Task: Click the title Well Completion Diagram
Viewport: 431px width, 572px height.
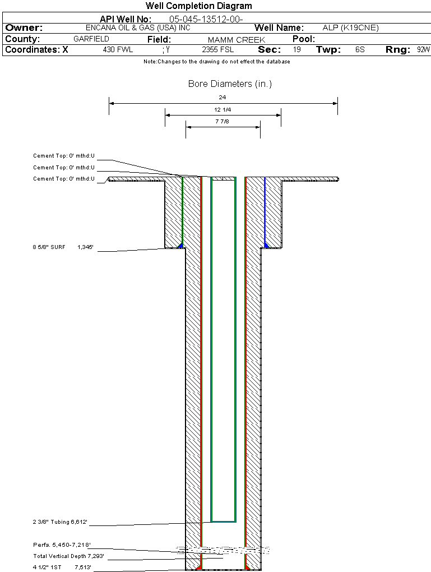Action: (x=198, y=6)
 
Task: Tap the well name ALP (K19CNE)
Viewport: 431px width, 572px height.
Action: (x=351, y=27)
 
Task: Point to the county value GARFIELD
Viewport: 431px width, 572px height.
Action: (x=91, y=39)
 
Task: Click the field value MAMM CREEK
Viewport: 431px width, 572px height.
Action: (x=236, y=40)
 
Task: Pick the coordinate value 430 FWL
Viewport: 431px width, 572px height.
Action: (x=118, y=50)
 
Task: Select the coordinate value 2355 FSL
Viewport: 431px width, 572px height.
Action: (x=218, y=50)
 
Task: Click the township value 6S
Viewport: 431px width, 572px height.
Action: (x=360, y=50)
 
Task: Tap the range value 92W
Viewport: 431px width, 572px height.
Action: (x=423, y=50)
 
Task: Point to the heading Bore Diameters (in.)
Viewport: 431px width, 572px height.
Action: (x=230, y=84)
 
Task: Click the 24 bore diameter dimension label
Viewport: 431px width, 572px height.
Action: (x=223, y=97)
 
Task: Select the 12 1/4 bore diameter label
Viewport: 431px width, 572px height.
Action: (x=223, y=109)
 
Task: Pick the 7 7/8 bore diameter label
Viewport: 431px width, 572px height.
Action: (x=223, y=121)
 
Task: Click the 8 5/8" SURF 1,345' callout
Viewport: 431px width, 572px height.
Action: (x=66, y=246)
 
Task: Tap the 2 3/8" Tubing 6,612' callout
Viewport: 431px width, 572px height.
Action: (x=60, y=523)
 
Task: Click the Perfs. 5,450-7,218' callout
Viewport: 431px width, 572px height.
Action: (x=61, y=545)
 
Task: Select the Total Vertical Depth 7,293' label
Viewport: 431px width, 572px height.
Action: (x=68, y=556)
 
